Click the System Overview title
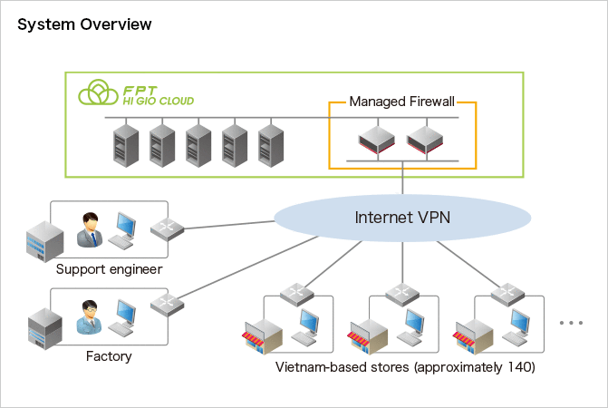point(84,24)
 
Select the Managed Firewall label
point(401,102)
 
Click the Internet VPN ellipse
point(402,218)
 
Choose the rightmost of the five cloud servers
point(270,145)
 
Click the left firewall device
point(373,141)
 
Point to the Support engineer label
point(109,269)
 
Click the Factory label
point(109,356)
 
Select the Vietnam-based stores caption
point(405,367)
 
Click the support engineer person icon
point(89,230)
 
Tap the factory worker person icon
point(89,316)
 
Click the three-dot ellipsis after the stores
point(572,323)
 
